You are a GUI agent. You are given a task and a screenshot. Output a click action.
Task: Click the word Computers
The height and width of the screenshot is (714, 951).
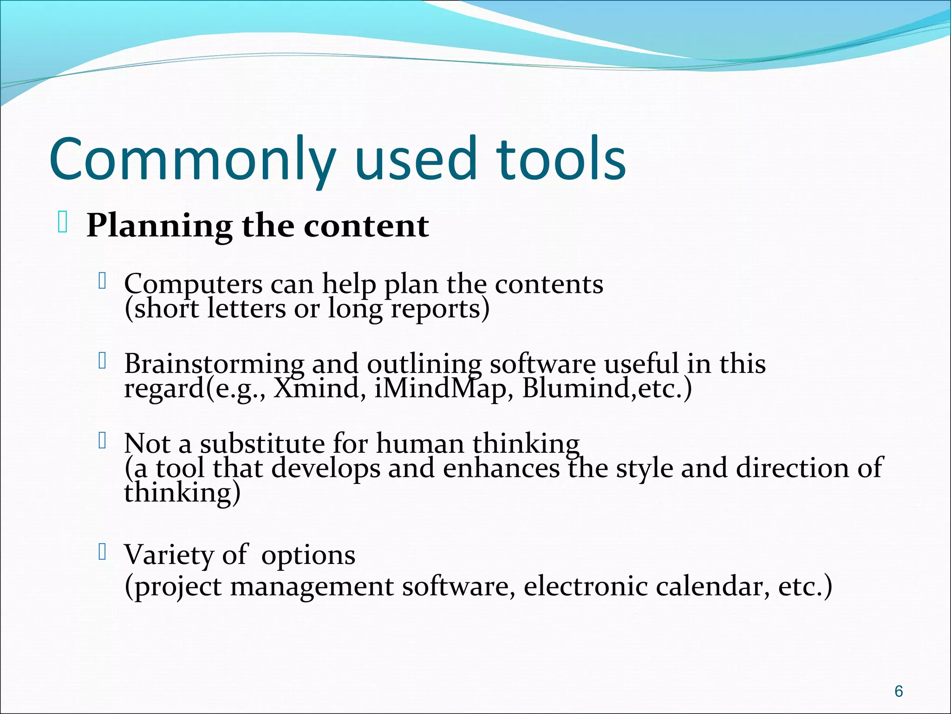pos(193,284)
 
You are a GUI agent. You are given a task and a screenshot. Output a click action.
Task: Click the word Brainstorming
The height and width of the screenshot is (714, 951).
pos(214,364)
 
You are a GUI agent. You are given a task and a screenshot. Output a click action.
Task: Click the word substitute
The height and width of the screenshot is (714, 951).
pos(262,444)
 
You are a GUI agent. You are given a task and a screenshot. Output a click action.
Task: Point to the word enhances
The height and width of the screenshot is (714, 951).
pos(501,468)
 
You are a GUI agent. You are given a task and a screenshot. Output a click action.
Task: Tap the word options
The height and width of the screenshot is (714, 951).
pos(308,555)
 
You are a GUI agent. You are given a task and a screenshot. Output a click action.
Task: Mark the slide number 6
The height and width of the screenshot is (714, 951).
pos(899,691)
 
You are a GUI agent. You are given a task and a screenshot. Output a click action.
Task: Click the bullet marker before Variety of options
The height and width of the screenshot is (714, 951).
pos(103,552)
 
